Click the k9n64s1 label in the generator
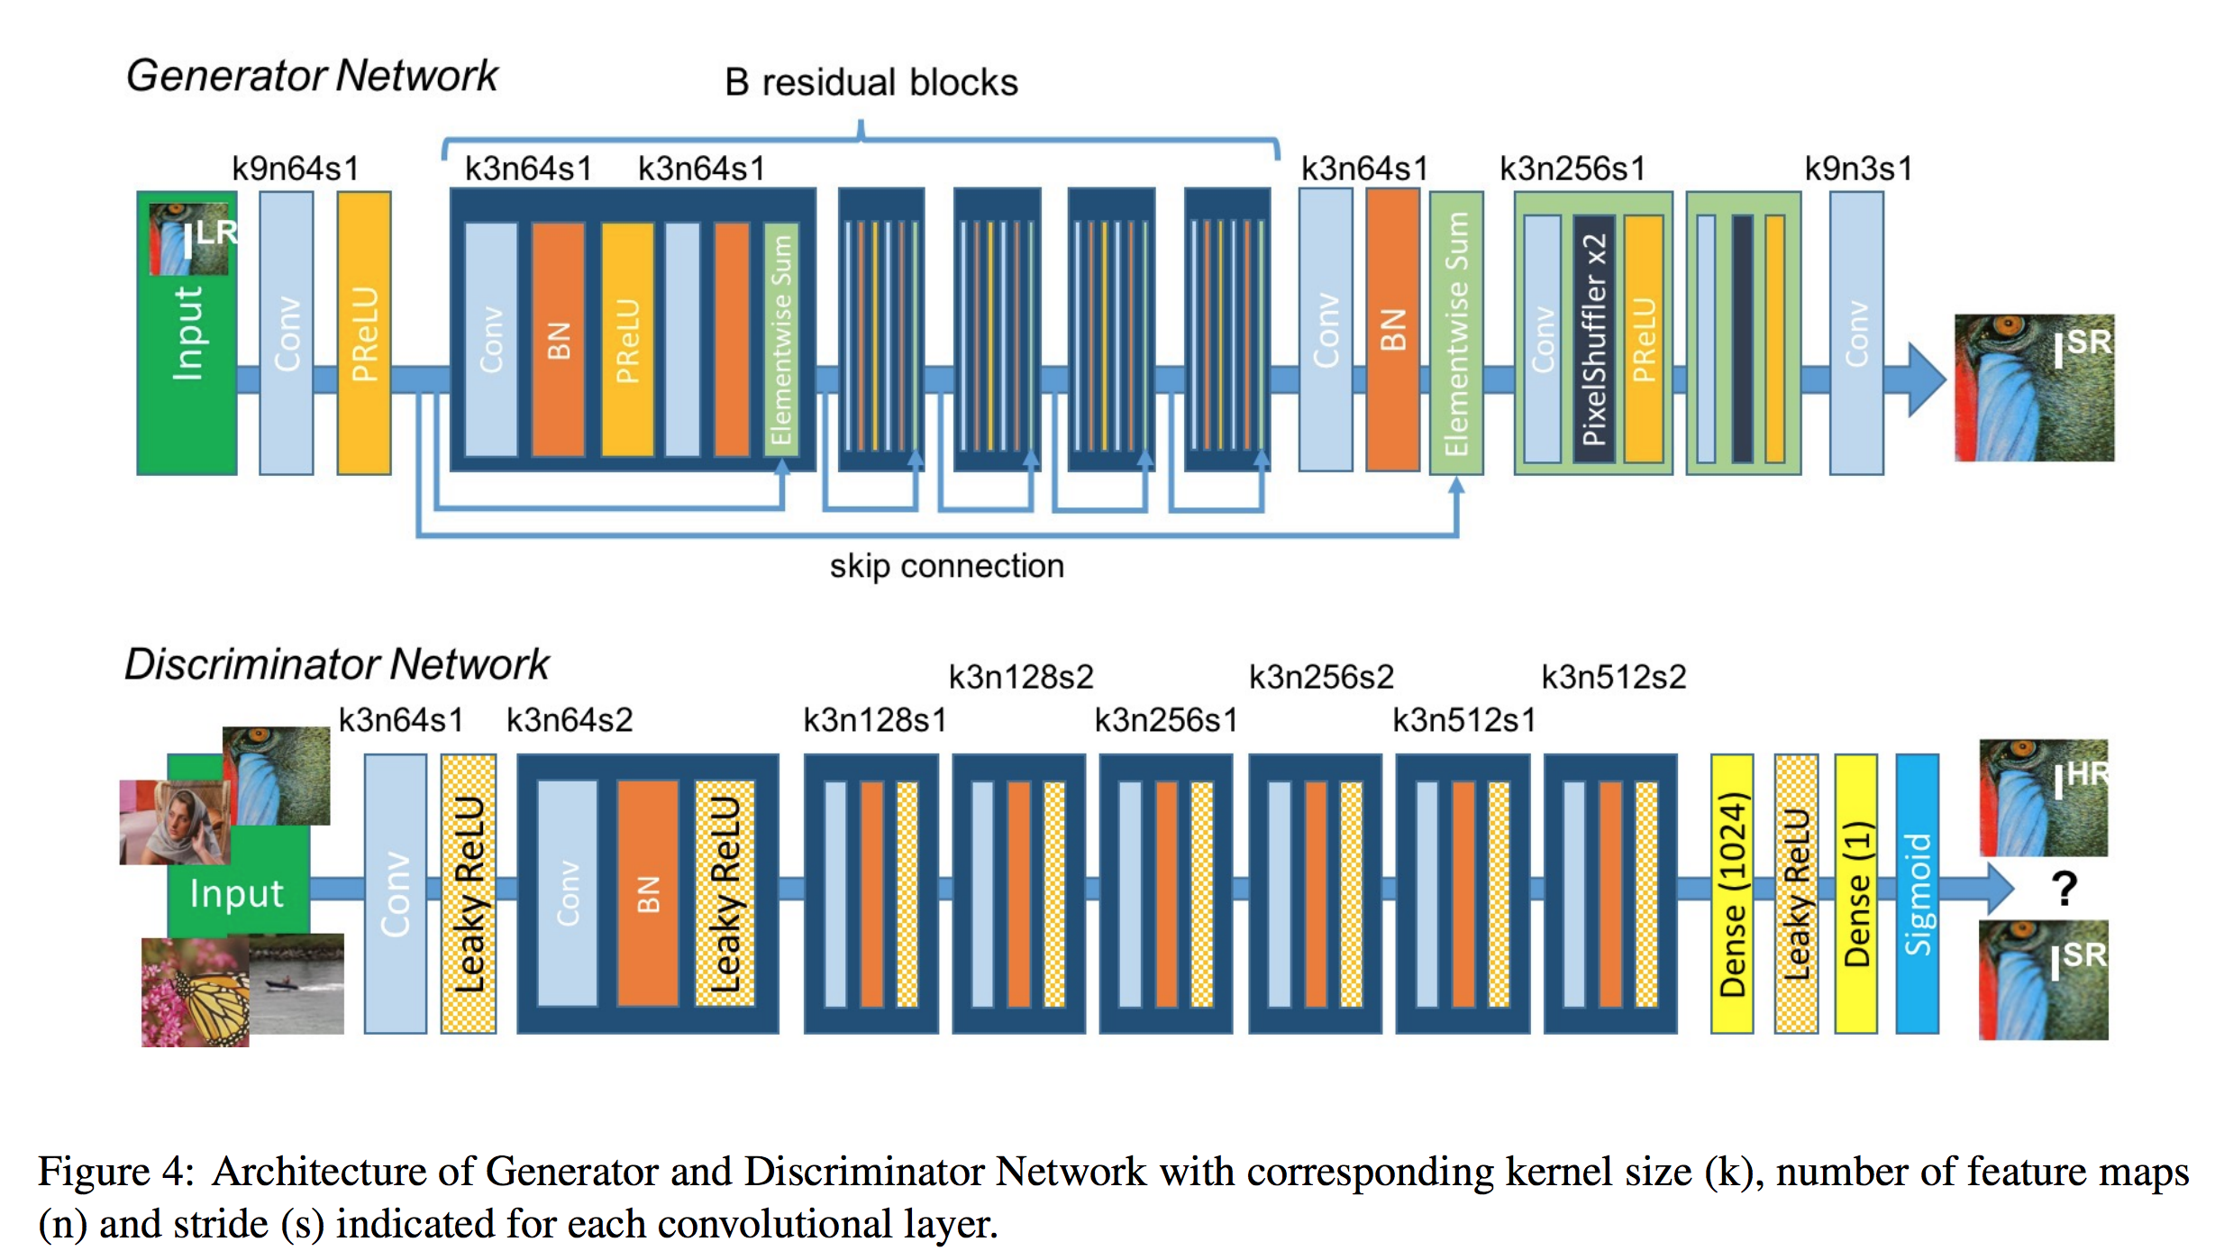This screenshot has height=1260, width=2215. pos(296,169)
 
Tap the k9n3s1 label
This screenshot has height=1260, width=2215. pos(1858,169)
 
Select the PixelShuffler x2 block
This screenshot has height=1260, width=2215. pos(1593,339)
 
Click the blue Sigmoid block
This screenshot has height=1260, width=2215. pos(1917,893)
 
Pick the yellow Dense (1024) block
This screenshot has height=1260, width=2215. pos(1732,893)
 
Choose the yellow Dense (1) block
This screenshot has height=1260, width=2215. pos(1856,893)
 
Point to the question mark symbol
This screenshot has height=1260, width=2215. pos(2065,889)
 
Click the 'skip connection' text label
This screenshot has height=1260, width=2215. pos(947,566)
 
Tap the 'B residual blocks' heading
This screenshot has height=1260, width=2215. pos(871,82)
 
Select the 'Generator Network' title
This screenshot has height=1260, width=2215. pos(312,76)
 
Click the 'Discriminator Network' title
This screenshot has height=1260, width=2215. pos(337,664)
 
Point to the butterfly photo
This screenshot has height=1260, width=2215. pos(196,991)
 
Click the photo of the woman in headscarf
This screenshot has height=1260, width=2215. pos(175,822)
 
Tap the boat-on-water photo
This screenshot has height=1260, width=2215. pos(296,983)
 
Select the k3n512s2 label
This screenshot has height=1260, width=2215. pos(1614,677)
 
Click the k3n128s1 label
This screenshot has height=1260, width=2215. pos(875,720)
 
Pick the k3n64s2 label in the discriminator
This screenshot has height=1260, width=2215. pos(570,720)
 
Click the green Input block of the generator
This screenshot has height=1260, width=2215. pos(187,333)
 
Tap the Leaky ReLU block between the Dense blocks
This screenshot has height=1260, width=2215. pos(1796,893)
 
